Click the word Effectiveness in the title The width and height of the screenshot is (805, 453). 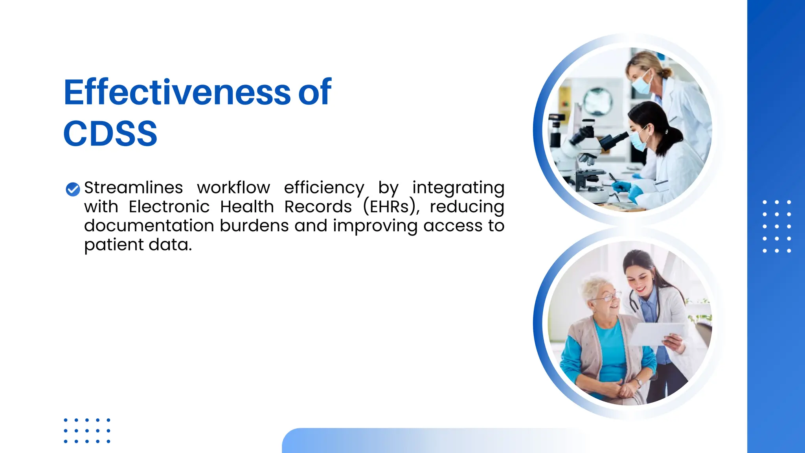[x=177, y=92]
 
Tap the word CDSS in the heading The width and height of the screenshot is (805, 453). [x=110, y=134]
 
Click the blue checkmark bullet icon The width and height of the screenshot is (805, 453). [x=73, y=189]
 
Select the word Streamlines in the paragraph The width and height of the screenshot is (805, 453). [x=133, y=188]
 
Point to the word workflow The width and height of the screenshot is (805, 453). [x=233, y=188]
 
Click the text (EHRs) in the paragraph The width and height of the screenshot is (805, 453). [x=391, y=207]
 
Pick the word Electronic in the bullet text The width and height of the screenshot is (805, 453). [x=169, y=207]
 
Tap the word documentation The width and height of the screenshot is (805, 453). [x=149, y=226]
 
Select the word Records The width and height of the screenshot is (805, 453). [x=318, y=207]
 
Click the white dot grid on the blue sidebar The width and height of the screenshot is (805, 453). [x=776, y=226]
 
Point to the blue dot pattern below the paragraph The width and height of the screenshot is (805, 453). [x=87, y=431]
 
